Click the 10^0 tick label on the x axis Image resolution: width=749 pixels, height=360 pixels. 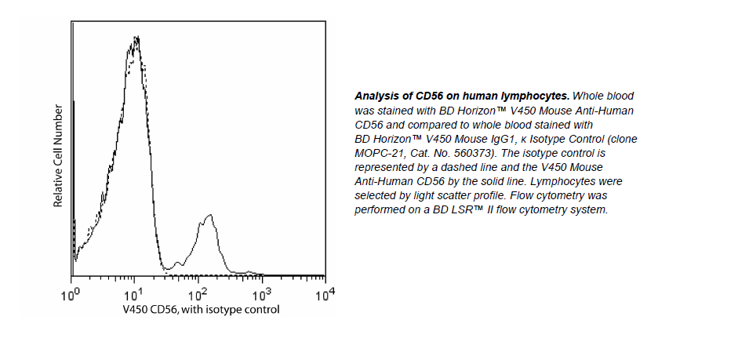click(x=71, y=295)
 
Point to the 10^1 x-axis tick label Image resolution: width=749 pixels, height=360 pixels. click(x=134, y=295)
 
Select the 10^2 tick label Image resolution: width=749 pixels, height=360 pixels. click(x=198, y=295)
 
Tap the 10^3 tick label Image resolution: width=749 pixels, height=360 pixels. click(x=261, y=295)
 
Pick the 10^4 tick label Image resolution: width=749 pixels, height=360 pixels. click(x=324, y=295)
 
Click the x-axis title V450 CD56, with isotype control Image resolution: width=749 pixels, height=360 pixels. click(x=201, y=310)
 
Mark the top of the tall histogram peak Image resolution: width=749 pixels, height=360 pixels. click(x=136, y=37)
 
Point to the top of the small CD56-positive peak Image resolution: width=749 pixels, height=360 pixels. click(x=209, y=215)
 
